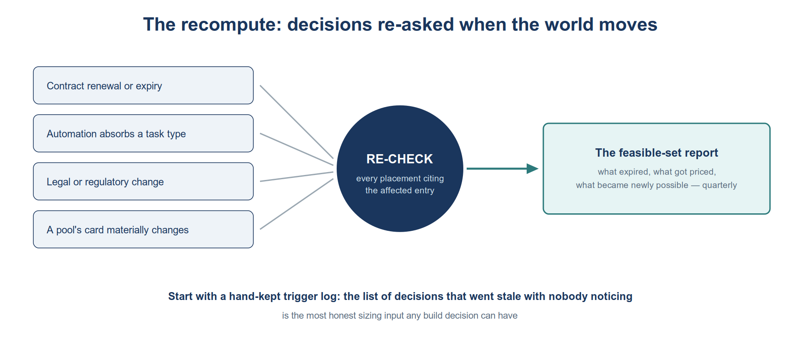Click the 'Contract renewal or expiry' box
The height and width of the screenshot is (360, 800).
[143, 85]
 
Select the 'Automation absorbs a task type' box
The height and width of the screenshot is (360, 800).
[143, 133]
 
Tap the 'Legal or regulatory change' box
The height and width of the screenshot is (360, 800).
[143, 181]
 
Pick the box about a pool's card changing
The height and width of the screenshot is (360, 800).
[143, 229]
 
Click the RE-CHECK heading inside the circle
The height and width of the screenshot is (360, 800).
[400, 159]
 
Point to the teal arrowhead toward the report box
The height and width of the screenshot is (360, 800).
[532, 169]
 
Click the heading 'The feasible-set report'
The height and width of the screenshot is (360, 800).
[657, 153]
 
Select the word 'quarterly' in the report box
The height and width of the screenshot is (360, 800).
[720, 185]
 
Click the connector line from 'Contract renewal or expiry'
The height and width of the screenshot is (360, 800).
[297, 122]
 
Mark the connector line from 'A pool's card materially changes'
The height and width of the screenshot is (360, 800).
[297, 204]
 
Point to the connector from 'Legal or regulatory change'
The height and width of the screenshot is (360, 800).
[297, 177]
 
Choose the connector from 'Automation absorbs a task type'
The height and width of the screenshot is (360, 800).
[297, 149]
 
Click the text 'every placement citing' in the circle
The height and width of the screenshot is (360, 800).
[400, 178]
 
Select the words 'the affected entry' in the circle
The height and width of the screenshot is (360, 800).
[400, 190]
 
